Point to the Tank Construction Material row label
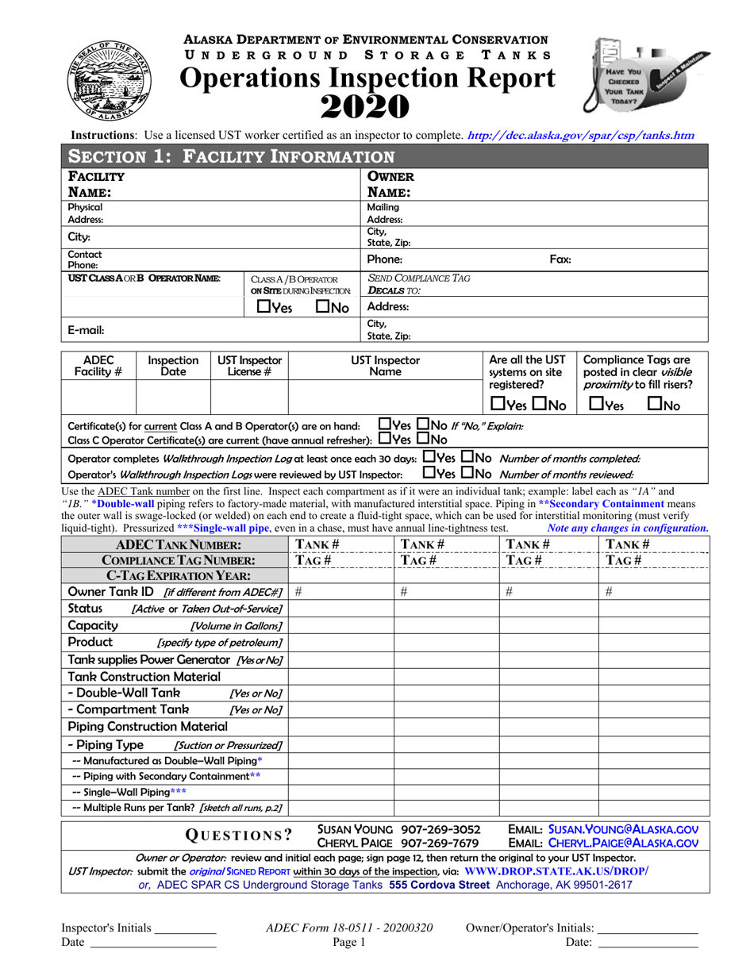(144, 675)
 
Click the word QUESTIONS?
(238, 835)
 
